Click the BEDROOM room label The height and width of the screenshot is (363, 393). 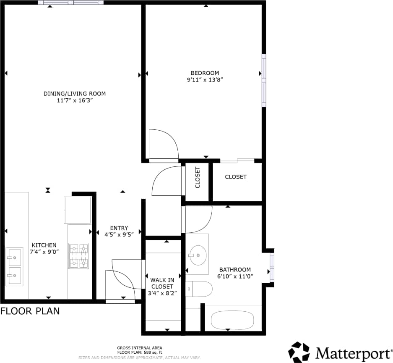[205, 73]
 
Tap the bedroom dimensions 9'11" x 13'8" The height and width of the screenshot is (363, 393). [205, 79]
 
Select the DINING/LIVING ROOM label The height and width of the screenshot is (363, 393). [75, 94]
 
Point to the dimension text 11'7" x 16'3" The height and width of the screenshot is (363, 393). [75, 100]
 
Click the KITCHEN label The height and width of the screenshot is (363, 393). [44, 245]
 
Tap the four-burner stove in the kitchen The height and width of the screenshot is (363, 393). [79, 255]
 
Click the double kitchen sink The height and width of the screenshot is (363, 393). [14, 267]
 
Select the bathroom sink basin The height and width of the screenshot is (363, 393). [197, 255]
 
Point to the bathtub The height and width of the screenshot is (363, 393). [232, 321]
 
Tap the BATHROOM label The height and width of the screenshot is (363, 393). [235, 270]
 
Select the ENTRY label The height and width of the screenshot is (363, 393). [119, 228]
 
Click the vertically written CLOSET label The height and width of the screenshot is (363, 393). [198, 177]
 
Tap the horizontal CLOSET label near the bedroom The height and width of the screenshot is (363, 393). [236, 177]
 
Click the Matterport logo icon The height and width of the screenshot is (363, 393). [299, 352]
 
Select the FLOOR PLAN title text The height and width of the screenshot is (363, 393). [30, 311]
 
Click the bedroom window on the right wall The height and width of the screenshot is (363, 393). [264, 80]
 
